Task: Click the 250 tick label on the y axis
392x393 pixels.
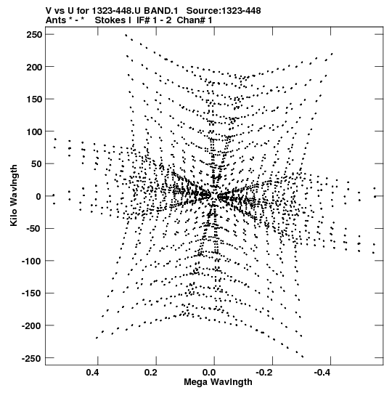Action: tap(34, 35)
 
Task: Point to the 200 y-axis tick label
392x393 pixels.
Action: tap(34, 67)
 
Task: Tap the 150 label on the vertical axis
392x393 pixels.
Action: tap(34, 100)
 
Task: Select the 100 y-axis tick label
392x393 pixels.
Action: tap(34, 131)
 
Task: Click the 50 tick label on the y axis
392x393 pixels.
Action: tap(36, 164)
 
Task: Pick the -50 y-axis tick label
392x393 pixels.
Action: tap(34, 229)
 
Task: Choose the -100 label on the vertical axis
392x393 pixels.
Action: tap(32, 262)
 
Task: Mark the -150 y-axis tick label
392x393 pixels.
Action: tap(32, 293)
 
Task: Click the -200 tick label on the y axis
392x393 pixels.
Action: tap(32, 326)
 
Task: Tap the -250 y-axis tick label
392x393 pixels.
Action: tap(32, 358)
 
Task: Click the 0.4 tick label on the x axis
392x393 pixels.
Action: tap(92, 373)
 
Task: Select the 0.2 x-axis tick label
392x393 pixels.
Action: tap(151, 373)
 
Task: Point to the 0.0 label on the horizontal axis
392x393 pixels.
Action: tap(209, 373)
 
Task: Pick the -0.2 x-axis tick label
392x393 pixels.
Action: tap(265, 373)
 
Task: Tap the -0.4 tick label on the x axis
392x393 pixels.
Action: tap(323, 373)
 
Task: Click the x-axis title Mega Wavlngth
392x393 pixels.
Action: tap(218, 382)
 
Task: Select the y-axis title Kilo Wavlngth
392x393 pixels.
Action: tap(14, 195)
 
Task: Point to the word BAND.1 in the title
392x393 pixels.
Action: tap(161, 11)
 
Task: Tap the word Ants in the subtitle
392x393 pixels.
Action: tap(56, 20)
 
